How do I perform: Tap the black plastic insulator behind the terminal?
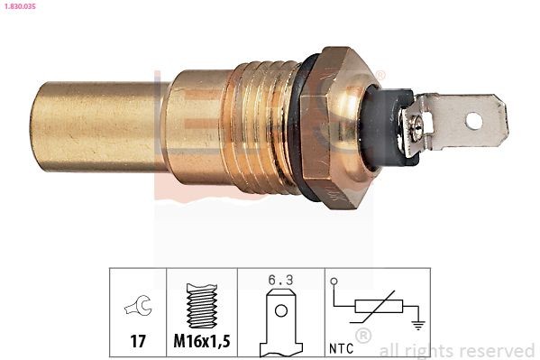[383, 126]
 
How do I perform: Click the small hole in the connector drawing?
[281, 312]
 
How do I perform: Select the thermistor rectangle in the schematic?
[373, 309]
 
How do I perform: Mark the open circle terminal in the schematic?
[334, 282]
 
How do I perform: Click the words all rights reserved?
[457, 350]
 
